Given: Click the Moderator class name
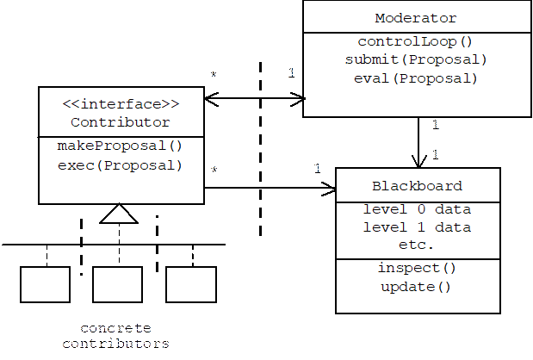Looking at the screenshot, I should click(x=416, y=18).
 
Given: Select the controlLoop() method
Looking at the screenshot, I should click(x=416, y=41).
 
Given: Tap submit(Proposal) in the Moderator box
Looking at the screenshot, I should click(x=416, y=59).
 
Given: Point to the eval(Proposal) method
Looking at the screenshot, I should click(x=416, y=78).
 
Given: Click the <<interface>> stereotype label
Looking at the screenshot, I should click(x=121, y=104).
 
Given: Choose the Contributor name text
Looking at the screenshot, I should click(x=121, y=122).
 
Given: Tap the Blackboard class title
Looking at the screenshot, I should click(x=417, y=186).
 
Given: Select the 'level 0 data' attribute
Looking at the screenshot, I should click(x=417, y=209).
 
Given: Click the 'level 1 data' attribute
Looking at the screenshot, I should click(x=417, y=227).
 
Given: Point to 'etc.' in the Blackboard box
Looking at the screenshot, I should click(x=417, y=245).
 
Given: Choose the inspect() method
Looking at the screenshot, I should click(x=417, y=268).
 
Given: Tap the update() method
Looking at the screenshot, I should click(x=417, y=286).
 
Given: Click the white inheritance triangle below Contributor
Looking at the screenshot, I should click(x=119, y=214).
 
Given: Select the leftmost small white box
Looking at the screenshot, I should click(x=45, y=284).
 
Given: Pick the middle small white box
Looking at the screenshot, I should click(x=117, y=284).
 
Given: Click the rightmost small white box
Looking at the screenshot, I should click(x=191, y=284).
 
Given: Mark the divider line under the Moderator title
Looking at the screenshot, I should click(x=416, y=33).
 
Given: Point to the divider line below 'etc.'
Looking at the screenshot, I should click(x=417, y=258).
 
